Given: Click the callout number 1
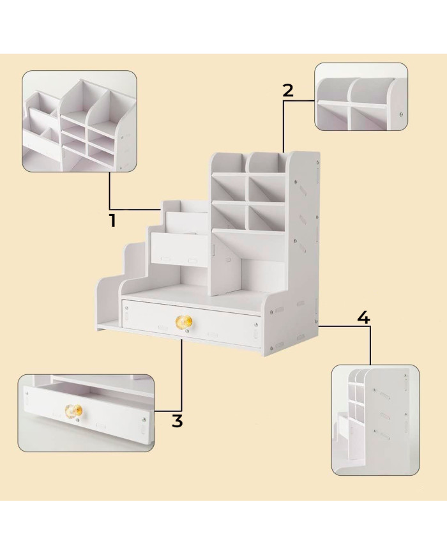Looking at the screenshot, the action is [x=112, y=220].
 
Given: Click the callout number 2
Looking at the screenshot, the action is [x=288, y=90].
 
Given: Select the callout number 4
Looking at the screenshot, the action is [x=363, y=317].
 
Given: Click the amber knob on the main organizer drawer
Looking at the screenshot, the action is [x=184, y=322].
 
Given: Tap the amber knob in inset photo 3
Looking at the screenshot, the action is [x=73, y=411].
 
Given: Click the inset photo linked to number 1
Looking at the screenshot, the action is [x=80, y=121].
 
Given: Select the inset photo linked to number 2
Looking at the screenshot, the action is [x=361, y=97].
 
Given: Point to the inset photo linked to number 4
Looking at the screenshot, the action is [x=375, y=420].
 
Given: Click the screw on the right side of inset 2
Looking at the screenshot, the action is [x=400, y=114].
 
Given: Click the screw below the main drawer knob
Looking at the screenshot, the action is [x=186, y=331].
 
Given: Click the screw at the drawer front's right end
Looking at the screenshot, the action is [x=255, y=324].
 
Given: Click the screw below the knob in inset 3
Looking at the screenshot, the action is [x=77, y=420].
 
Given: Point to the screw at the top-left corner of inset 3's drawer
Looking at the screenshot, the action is [x=27, y=392].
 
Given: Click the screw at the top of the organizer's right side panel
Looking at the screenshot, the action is [x=317, y=162].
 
